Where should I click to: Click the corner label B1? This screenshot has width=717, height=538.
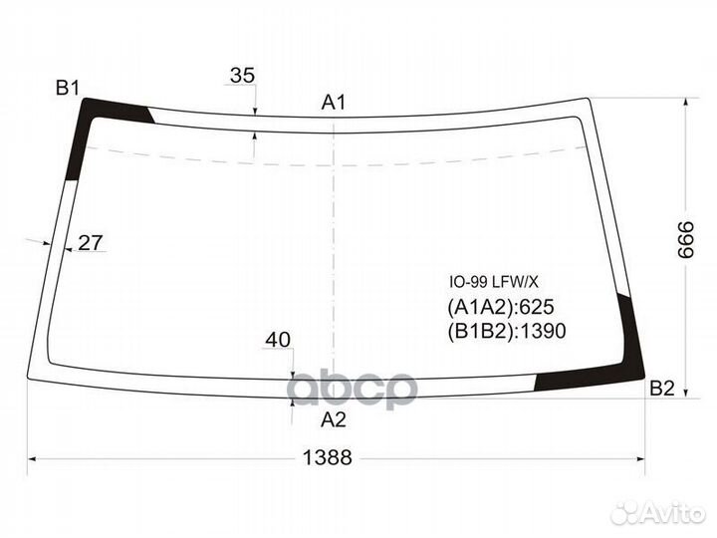[x=68, y=88]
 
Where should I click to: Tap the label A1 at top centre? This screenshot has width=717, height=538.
[x=334, y=102]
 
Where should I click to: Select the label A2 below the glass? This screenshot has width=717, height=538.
[x=334, y=419]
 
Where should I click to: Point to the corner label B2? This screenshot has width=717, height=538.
[x=661, y=389]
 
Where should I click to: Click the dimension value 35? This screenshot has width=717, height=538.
[x=242, y=75]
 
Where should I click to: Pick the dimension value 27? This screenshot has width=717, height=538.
[x=90, y=242]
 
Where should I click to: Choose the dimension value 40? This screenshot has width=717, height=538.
[x=278, y=340]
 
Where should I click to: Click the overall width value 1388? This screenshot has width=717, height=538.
[x=328, y=457]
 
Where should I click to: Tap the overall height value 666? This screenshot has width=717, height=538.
[x=686, y=240]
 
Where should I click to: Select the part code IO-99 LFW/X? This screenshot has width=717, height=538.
[x=494, y=282]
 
